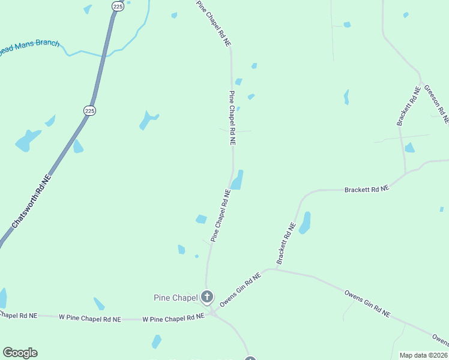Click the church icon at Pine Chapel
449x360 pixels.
click(x=207, y=296)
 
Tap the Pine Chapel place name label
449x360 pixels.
click(x=175, y=298)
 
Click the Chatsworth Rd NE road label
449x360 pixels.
click(x=32, y=202)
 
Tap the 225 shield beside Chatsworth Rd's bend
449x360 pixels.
click(x=89, y=110)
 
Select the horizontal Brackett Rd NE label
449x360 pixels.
click(x=367, y=189)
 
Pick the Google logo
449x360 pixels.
click(x=20, y=353)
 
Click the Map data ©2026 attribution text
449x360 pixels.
click(x=423, y=355)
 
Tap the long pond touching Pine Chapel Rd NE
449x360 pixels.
click(x=238, y=180)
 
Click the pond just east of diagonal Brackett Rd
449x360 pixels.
click(x=305, y=223)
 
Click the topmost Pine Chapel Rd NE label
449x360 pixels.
click(x=214, y=23)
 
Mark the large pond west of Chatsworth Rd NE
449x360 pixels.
click(x=28, y=140)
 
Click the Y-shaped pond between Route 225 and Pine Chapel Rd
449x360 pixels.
click(x=148, y=119)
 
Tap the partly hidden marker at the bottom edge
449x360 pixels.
click(x=250, y=358)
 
